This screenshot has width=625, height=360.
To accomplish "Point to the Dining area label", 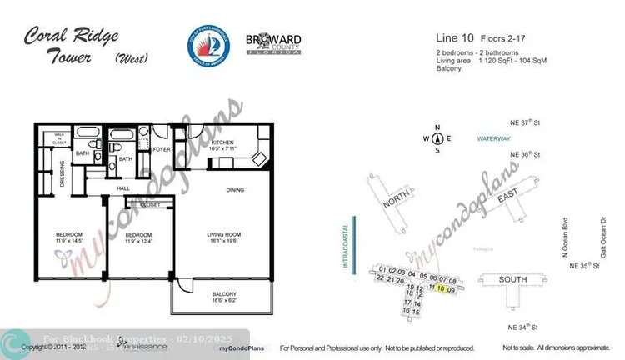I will [x=236, y=191].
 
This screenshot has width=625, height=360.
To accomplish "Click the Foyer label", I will [x=162, y=150].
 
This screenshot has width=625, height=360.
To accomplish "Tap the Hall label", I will [x=124, y=189].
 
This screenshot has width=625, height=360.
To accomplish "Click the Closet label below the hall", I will [x=151, y=204].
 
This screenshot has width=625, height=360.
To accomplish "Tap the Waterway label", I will [x=492, y=138].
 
